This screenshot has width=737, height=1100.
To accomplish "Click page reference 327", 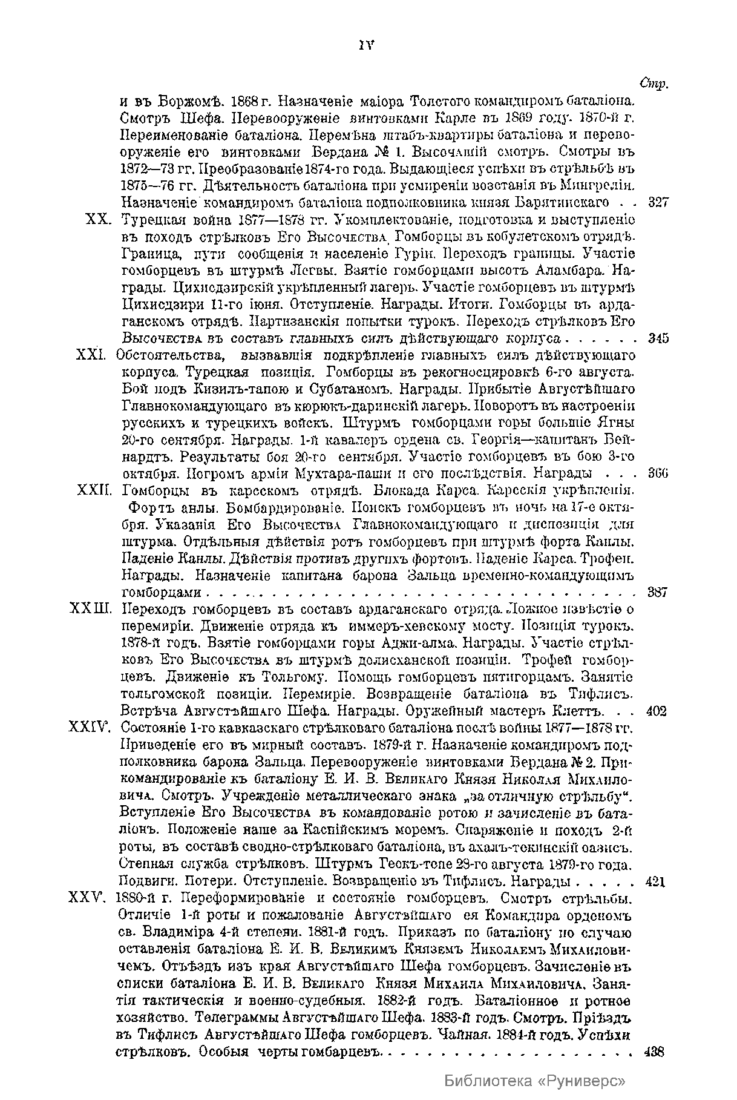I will [657, 202].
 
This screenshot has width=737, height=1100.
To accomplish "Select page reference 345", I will [658, 338].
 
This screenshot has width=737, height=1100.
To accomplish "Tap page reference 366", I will [657, 473].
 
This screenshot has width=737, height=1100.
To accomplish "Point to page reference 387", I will [657, 592].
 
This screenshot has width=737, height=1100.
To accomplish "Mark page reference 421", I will [655, 881].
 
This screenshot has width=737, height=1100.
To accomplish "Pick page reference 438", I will [655, 1051].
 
